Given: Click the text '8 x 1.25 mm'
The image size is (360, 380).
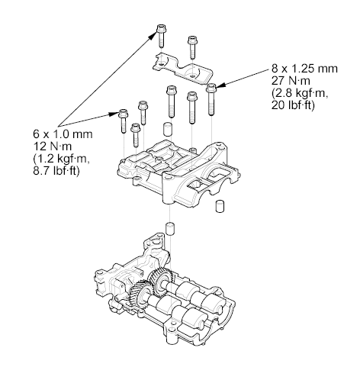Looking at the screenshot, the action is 304,69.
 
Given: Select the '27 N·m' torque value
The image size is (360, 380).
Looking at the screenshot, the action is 291,81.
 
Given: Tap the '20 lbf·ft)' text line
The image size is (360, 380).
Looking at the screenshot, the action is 293,105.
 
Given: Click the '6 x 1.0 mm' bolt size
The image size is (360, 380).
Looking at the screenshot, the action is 63,134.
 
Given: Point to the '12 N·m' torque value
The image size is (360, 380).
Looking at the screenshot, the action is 53,147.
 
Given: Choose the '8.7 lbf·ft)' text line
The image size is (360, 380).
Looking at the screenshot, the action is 56,170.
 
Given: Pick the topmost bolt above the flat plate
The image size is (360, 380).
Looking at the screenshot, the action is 161,36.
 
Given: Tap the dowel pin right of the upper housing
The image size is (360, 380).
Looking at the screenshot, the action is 220,206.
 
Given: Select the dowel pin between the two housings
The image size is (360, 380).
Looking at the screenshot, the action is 169,229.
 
